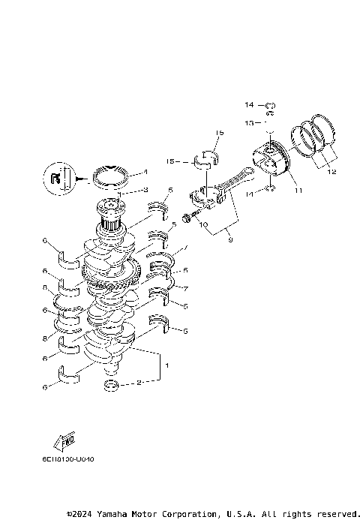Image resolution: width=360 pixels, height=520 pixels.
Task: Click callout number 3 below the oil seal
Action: [145, 189]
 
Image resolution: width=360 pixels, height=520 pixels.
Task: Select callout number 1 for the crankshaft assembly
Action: [166, 365]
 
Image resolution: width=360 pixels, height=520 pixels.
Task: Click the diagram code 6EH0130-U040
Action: [74, 458]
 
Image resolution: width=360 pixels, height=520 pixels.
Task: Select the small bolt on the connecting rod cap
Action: [192, 215]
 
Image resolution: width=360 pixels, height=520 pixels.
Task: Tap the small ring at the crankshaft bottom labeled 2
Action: [111, 385]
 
